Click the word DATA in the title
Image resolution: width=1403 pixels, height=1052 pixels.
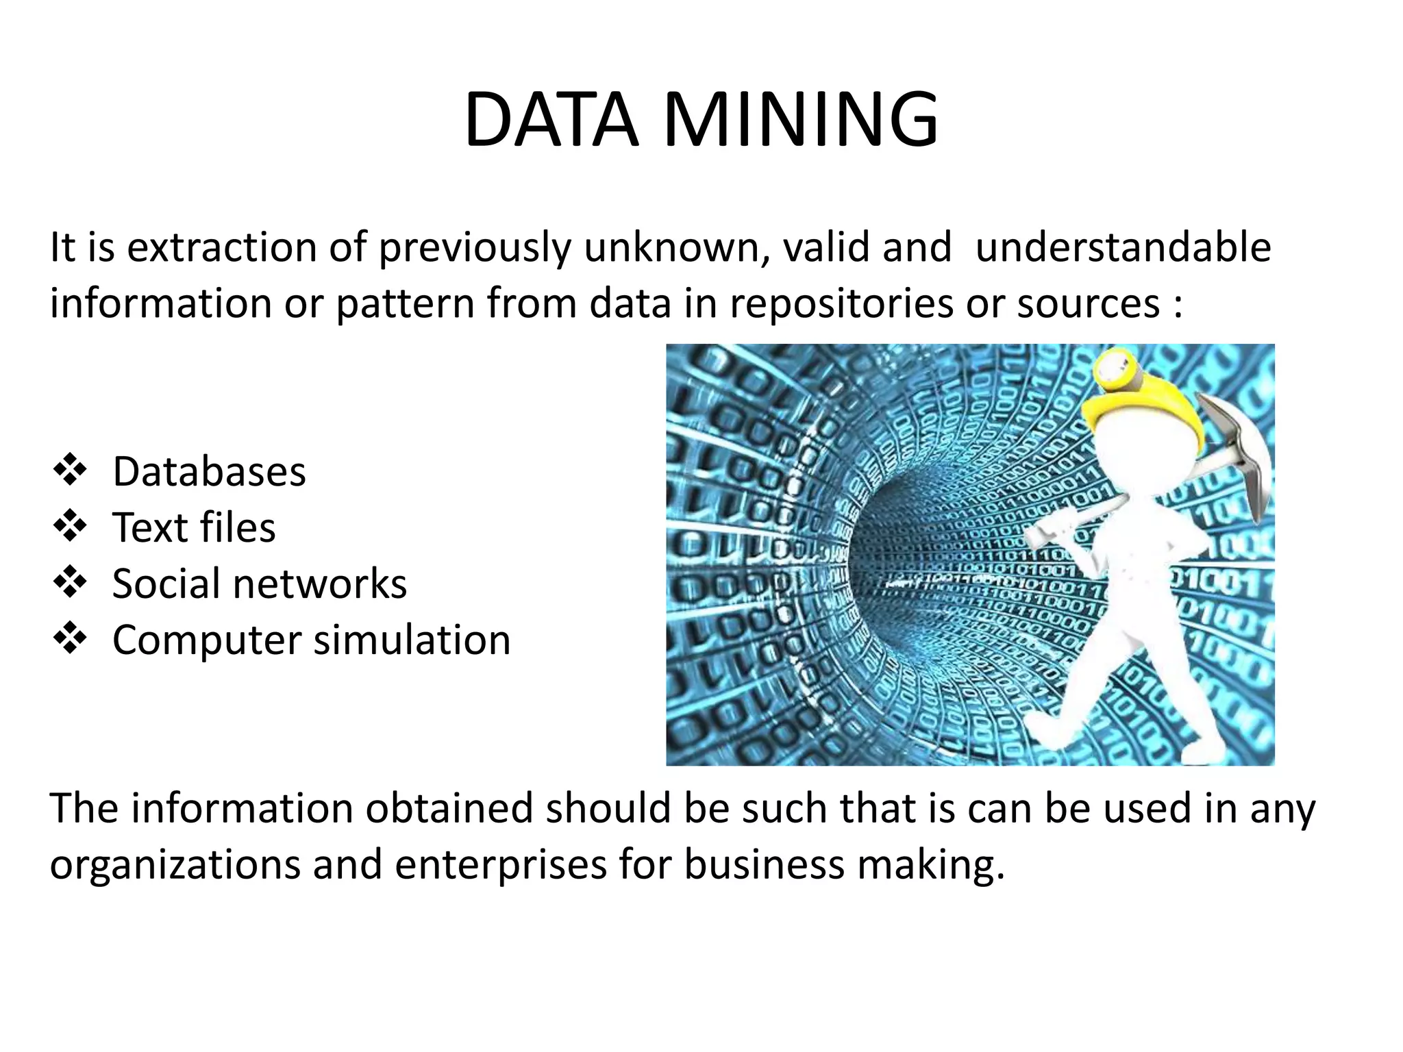coord(551,121)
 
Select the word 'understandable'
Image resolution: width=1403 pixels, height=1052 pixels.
coord(1123,247)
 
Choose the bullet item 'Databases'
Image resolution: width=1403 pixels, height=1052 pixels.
coord(209,472)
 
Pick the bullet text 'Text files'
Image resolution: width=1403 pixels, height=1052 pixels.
coord(194,528)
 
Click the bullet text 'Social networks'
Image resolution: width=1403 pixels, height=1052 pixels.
coord(259,584)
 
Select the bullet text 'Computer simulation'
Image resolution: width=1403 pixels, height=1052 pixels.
coord(311,640)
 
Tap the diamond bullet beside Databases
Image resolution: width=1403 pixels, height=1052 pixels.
coord(70,471)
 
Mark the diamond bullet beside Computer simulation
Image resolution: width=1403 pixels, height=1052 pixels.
coord(70,640)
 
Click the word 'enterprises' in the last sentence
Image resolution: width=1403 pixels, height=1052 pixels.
coord(501,865)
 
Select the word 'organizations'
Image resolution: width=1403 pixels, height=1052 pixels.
coord(175,865)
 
